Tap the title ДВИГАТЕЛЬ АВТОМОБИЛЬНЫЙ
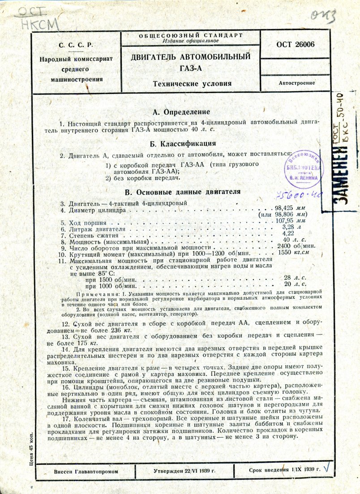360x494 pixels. (190, 57)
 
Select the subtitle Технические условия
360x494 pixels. (192, 84)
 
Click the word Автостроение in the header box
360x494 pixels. (296, 83)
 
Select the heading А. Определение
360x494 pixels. (181, 112)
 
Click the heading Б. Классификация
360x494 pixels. (184, 144)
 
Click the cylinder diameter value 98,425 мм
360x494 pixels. (290, 208)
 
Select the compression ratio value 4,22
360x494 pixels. (288, 233)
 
